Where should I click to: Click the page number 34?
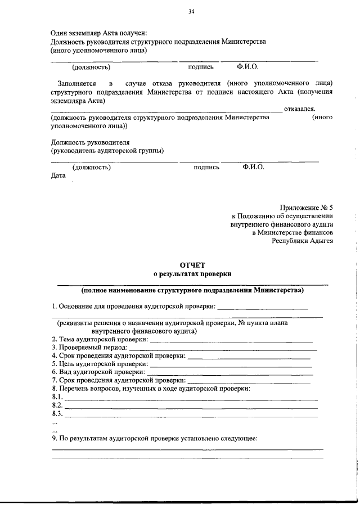192,11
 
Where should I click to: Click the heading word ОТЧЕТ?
193,264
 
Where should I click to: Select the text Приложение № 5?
307,207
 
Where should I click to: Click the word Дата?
58,175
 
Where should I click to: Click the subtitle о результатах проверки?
193,273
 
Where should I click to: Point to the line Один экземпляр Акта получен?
98,33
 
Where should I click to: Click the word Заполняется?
76,83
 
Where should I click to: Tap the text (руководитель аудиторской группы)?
107,150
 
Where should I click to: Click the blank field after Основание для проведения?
263,307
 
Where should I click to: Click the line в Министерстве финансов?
292,232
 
